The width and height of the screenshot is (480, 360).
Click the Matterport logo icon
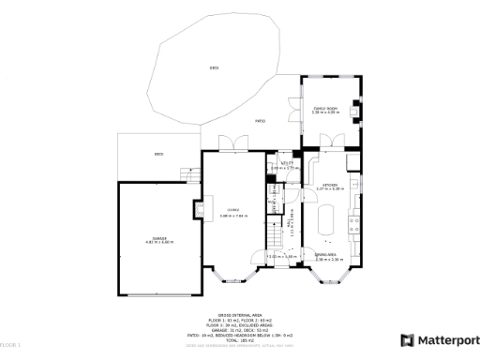(x=407, y=340)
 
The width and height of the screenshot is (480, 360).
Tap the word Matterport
(x=444, y=340)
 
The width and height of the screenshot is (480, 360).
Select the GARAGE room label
(x=160, y=240)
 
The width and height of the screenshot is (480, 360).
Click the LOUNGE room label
(x=231, y=210)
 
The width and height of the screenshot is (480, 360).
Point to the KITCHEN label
(x=329, y=186)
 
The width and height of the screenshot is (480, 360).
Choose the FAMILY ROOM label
(x=324, y=111)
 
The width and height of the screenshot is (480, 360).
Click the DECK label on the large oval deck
(x=215, y=67)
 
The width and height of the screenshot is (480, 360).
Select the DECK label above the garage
(x=158, y=155)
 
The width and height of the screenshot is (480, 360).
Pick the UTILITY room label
(x=288, y=164)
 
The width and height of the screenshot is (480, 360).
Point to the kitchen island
(x=327, y=223)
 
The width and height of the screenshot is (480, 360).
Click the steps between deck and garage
(x=190, y=174)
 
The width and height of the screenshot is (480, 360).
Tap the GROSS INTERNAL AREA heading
(x=239, y=316)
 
